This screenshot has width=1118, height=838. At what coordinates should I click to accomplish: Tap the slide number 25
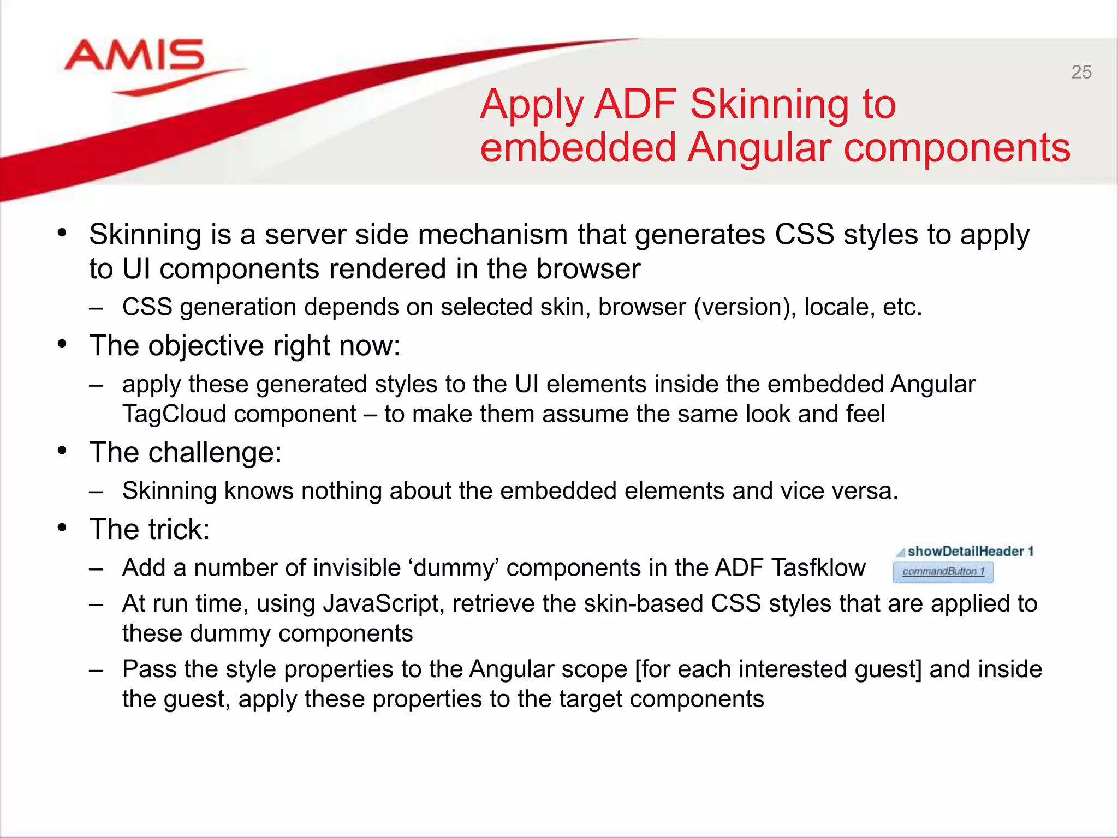[1081, 72]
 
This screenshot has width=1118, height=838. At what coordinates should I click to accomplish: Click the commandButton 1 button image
[943, 572]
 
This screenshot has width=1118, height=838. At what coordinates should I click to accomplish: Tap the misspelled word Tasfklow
[818, 567]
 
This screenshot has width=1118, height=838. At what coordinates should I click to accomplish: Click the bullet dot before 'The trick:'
[62, 528]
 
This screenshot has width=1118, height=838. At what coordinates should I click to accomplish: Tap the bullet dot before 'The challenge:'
[62, 451]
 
